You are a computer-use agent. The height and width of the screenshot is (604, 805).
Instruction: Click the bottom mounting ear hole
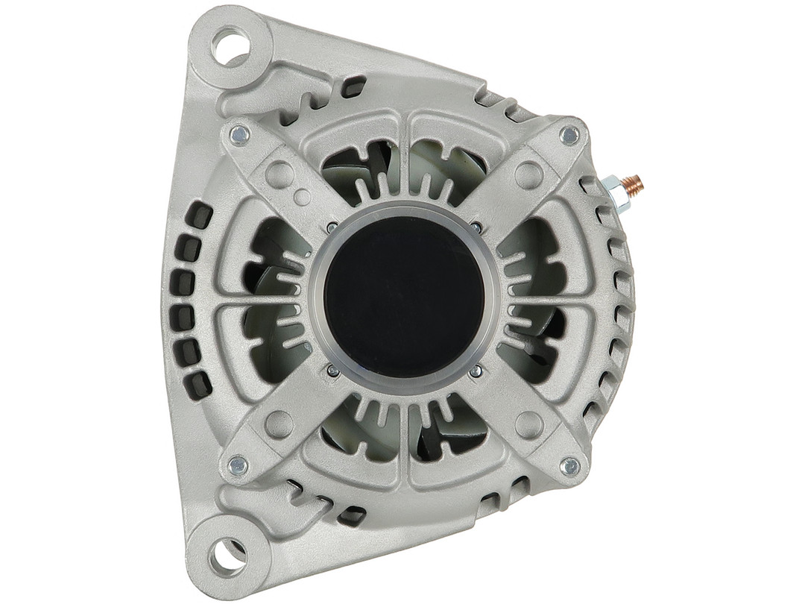pos(225,553)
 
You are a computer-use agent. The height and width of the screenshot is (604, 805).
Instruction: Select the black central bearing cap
pos(404,298)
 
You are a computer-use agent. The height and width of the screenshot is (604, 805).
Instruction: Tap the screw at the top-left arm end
pos(239,134)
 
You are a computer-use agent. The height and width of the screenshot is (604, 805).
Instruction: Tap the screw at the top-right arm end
pos(569,135)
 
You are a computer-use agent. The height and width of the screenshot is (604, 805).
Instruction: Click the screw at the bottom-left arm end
pos(238,466)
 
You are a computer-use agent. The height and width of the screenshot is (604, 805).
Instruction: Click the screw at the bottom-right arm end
pos(569,467)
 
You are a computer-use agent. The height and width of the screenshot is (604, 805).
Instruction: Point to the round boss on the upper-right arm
pos(528,174)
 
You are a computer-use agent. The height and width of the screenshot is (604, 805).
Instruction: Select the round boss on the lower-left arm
pos(278,424)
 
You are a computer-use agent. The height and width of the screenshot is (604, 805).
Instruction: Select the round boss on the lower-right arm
pos(528,424)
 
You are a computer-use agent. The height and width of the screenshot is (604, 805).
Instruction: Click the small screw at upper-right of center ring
pos(476,227)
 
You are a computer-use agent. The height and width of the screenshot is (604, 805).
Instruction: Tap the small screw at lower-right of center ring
pos(476,370)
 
